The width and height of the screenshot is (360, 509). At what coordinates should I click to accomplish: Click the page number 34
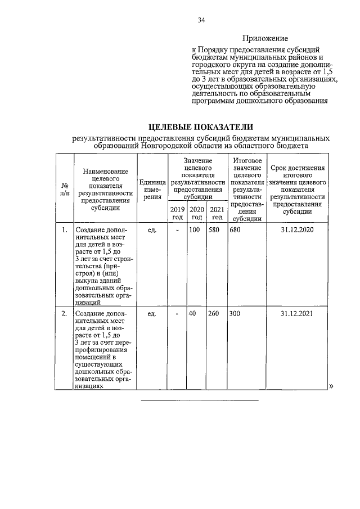click(201, 21)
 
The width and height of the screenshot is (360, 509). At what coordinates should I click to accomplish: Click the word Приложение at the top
click(265, 39)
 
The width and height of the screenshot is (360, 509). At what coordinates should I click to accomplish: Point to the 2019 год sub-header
click(177, 213)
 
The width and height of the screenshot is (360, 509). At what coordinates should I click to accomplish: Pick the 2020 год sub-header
click(196, 213)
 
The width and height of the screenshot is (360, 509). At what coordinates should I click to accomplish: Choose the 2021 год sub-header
click(217, 213)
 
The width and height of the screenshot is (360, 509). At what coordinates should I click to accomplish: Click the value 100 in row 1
click(195, 230)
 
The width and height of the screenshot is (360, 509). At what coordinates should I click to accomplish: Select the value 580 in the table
click(214, 230)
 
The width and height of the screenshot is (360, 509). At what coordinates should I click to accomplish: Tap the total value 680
click(235, 230)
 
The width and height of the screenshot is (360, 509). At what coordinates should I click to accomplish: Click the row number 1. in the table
click(65, 230)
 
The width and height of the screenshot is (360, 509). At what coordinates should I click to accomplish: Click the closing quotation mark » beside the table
click(331, 386)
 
